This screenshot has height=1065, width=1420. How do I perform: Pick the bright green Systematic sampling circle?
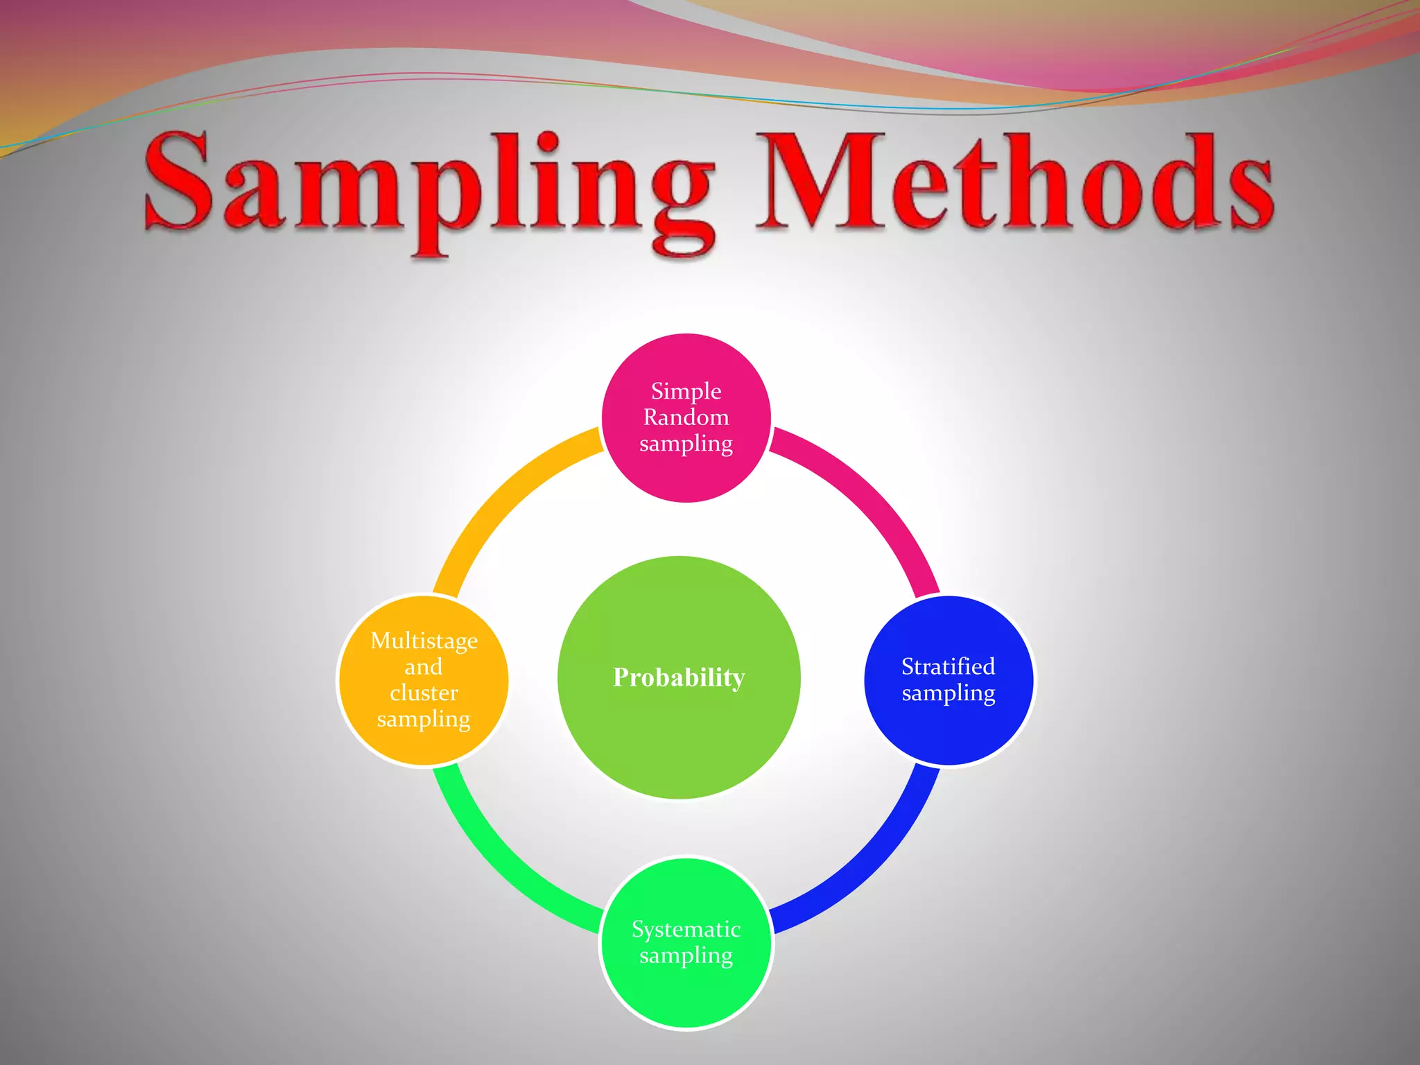pyautogui.click(x=686, y=992)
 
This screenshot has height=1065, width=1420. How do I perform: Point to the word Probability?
pyautogui.click(x=679, y=677)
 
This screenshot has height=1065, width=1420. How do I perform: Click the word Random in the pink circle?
pyautogui.click(x=686, y=417)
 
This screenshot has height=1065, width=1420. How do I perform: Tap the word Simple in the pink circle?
pyautogui.click(x=686, y=391)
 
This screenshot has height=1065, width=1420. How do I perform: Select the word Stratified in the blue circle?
pyautogui.click(x=948, y=666)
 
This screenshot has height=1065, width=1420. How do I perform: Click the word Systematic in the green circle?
pyautogui.click(x=686, y=929)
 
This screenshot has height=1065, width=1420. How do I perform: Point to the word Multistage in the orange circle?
pyautogui.click(x=424, y=641)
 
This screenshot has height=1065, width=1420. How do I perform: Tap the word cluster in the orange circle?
pyautogui.click(x=424, y=693)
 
